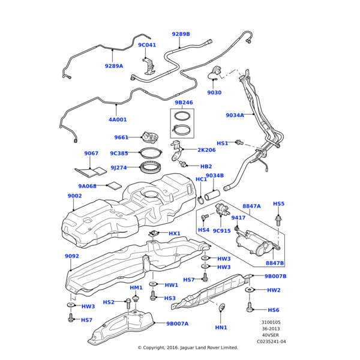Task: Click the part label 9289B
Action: [x=181, y=34]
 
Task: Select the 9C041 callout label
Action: [x=147, y=45]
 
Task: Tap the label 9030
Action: [x=214, y=92]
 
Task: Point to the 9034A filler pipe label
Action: [x=235, y=115]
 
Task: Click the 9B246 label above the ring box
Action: [x=184, y=103]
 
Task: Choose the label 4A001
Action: [x=118, y=119]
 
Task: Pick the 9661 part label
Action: [x=121, y=137]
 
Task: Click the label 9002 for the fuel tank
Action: [x=74, y=196]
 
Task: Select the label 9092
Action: [x=72, y=256]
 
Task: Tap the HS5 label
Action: [x=279, y=203]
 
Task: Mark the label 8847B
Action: [x=275, y=263]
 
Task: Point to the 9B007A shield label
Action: [x=178, y=323]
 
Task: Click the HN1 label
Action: [x=221, y=327]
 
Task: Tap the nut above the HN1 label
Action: [x=221, y=309]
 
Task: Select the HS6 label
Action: [x=274, y=310]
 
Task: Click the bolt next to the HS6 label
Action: [x=250, y=308]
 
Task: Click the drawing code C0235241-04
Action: [x=271, y=341]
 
